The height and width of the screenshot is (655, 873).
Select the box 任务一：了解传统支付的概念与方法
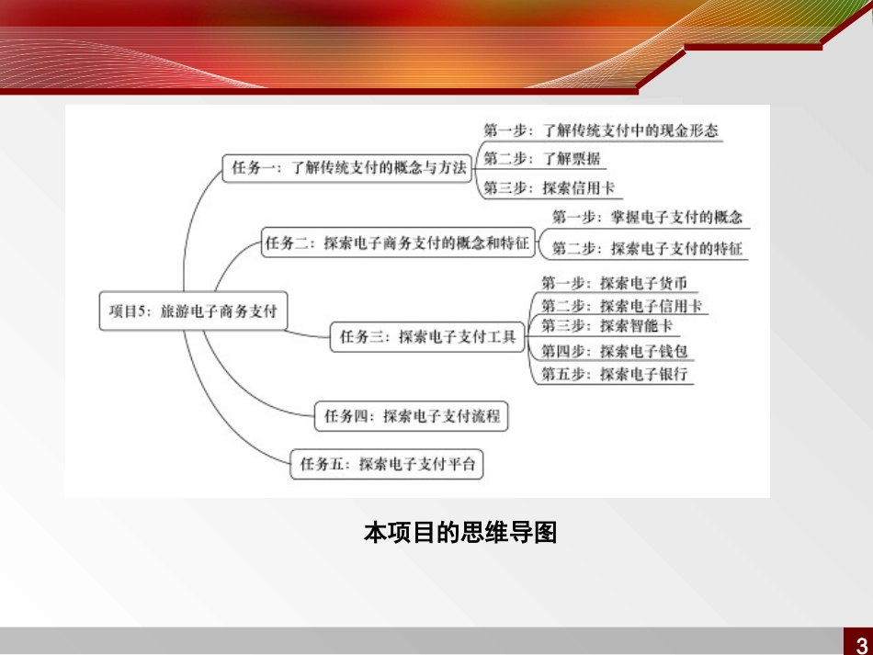[x=349, y=168]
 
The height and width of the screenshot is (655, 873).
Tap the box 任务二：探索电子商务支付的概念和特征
[x=397, y=243]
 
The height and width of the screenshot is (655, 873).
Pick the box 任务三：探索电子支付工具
[x=427, y=337]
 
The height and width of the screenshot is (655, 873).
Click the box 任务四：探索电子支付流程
[x=411, y=416]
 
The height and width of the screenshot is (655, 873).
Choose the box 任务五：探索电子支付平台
[x=387, y=464]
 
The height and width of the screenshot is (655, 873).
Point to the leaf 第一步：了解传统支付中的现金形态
[x=601, y=130]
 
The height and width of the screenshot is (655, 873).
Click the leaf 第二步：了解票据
[x=542, y=159]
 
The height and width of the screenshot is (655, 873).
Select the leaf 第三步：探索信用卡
[x=550, y=188]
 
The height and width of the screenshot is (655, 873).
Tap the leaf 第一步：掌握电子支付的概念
[x=647, y=218]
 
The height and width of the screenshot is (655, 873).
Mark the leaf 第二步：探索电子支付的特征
[x=647, y=247]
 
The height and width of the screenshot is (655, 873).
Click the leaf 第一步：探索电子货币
[x=613, y=283]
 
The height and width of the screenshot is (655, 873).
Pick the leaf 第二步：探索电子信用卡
[x=621, y=305]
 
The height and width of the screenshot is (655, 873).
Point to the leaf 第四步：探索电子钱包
[x=613, y=350]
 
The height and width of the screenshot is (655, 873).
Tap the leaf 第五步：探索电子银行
[x=613, y=374]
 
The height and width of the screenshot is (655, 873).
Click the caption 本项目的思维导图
[x=460, y=533]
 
